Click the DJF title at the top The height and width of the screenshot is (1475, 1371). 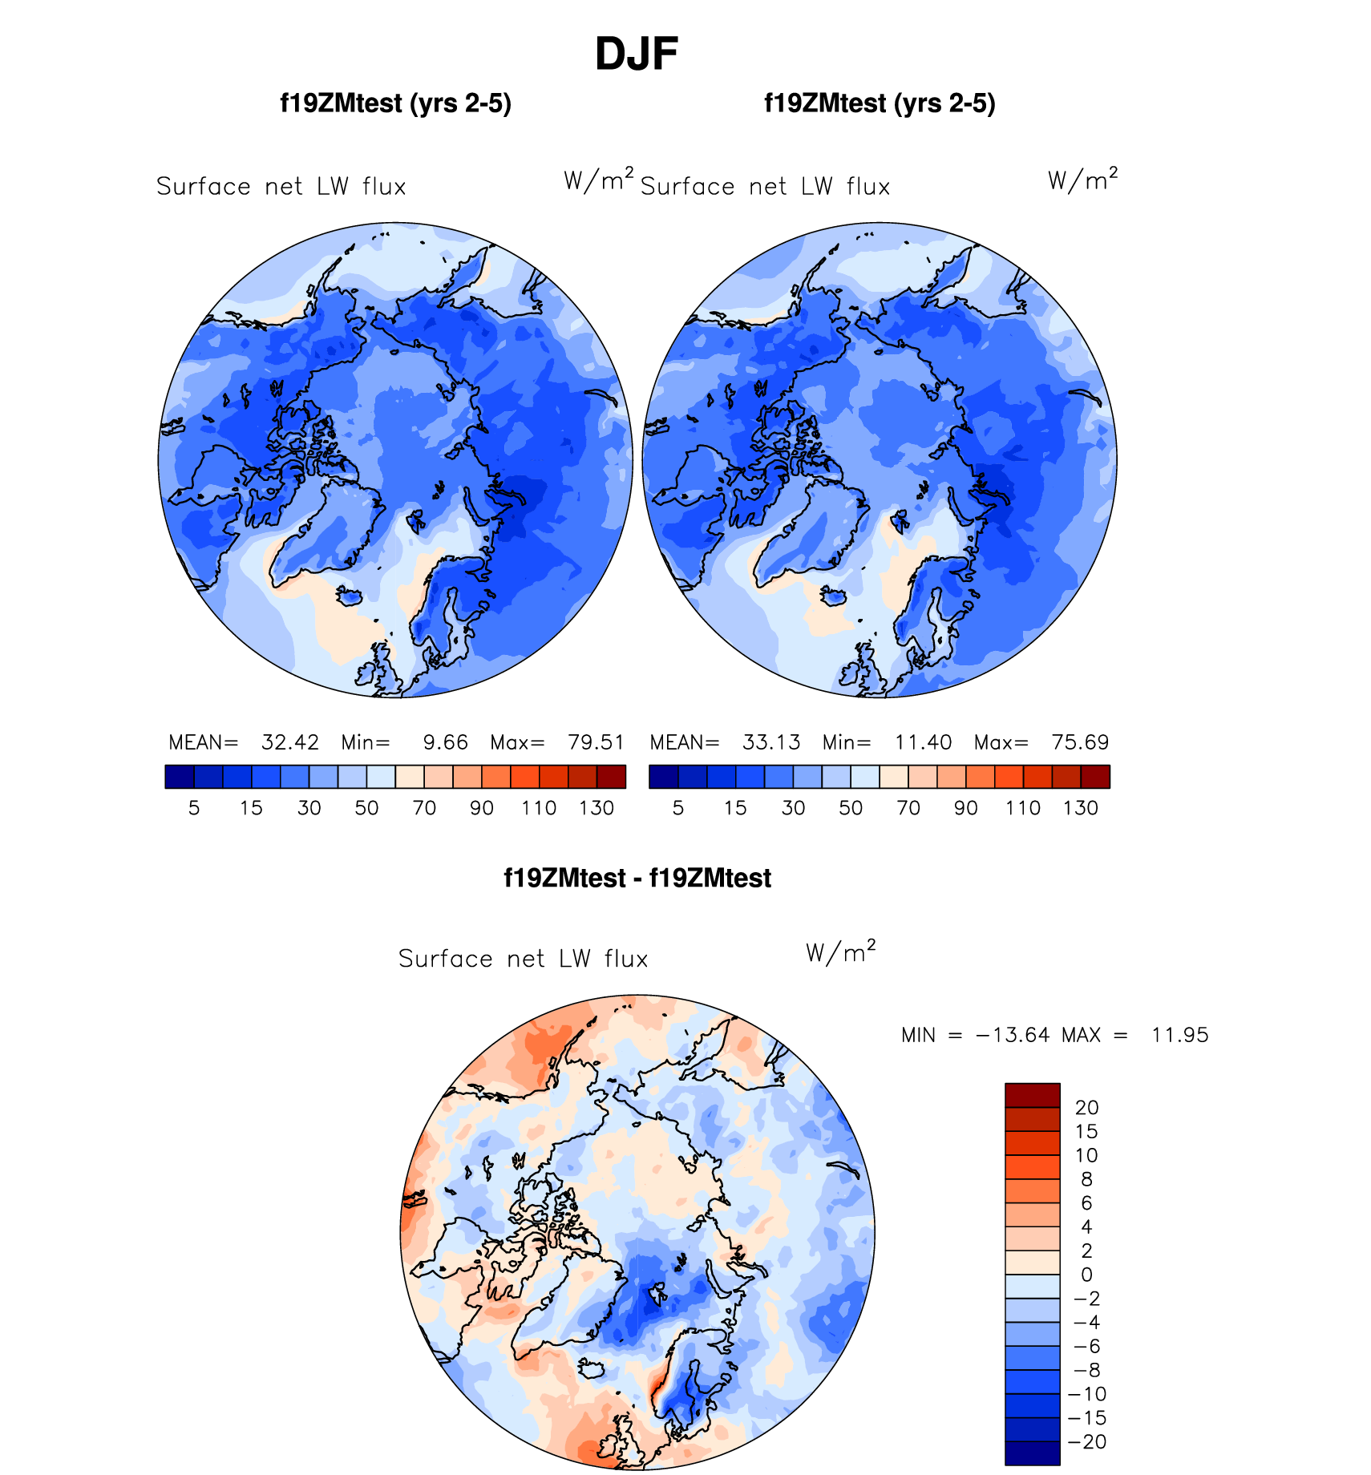pyautogui.click(x=637, y=55)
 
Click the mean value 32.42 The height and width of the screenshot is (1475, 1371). pyautogui.click(x=289, y=742)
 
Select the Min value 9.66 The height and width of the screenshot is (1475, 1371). pyautogui.click(x=445, y=742)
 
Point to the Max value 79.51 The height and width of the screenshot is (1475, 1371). pyautogui.click(x=596, y=742)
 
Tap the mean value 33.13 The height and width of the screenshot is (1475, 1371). pyautogui.click(x=770, y=742)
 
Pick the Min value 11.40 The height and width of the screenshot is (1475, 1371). pyautogui.click(x=923, y=742)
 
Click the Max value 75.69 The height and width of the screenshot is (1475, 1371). pyautogui.click(x=1080, y=742)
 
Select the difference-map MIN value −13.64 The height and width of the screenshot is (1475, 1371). pyautogui.click(x=1012, y=1035)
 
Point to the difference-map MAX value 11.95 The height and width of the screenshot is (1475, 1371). pyautogui.click(x=1179, y=1035)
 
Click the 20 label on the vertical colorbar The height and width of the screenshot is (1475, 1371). pyautogui.click(x=1086, y=1108)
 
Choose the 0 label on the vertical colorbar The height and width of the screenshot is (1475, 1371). pyautogui.click(x=1086, y=1275)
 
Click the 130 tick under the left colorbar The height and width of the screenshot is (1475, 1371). pyautogui.click(x=597, y=808)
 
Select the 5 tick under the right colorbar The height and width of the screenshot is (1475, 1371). pyautogui.click(x=678, y=808)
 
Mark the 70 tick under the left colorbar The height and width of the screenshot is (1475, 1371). pyautogui.click(x=424, y=808)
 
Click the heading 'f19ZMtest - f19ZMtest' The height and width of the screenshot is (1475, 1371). pyautogui.click(x=637, y=879)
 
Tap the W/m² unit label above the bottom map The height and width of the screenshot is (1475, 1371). pyautogui.click(x=840, y=952)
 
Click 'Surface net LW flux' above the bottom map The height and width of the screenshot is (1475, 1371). pyautogui.click(x=523, y=959)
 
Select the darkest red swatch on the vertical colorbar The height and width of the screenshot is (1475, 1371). pyautogui.click(x=1032, y=1095)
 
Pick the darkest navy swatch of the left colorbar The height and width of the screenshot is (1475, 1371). pyautogui.click(x=180, y=777)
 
